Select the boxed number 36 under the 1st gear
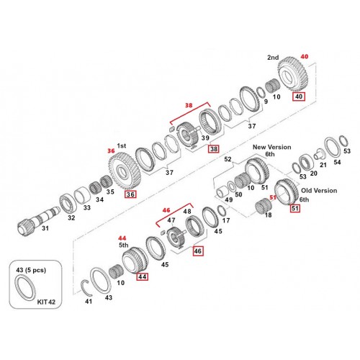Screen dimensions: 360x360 pos(130,194)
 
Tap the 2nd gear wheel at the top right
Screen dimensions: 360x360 pos(292,74)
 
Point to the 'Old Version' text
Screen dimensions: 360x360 pos(319,191)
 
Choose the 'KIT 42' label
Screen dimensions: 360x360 pos(46,302)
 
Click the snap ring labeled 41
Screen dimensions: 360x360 pos(86,287)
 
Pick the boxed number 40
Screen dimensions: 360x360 pos(299,96)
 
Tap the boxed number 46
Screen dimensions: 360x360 pos(197,251)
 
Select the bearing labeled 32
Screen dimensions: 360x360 pos(68,204)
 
